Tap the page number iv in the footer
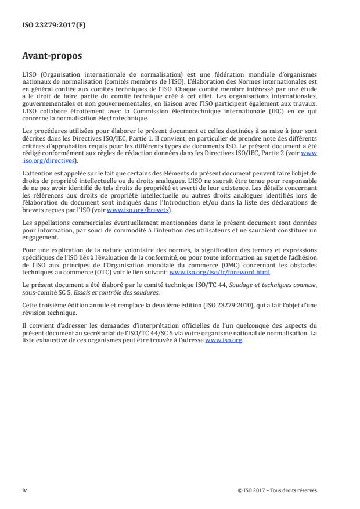point(24,490)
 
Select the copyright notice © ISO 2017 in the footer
point(278,490)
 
